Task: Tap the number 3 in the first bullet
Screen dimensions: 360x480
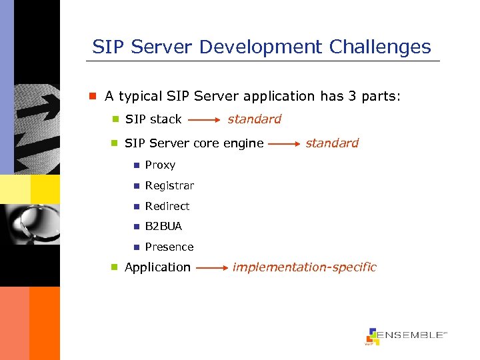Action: (352, 96)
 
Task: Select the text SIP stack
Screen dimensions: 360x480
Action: (153, 119)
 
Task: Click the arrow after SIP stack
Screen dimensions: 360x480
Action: (204, 121)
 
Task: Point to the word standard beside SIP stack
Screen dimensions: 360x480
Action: (254, 119)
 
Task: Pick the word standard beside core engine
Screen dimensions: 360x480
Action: (332, 143)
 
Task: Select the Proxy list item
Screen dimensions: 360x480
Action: (160, 165)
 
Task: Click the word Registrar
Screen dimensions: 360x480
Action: (169, 185)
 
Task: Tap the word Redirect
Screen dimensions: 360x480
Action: (167, 206)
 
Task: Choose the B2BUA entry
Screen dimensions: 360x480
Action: (163, 226)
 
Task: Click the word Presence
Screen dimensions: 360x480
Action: (169, 247)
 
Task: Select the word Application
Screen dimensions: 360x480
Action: (157, 267)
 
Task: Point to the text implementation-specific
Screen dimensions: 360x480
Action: (304, 267)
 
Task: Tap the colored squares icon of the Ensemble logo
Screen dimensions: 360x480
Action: (373, 337)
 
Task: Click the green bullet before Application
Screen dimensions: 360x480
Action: (115, 267)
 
